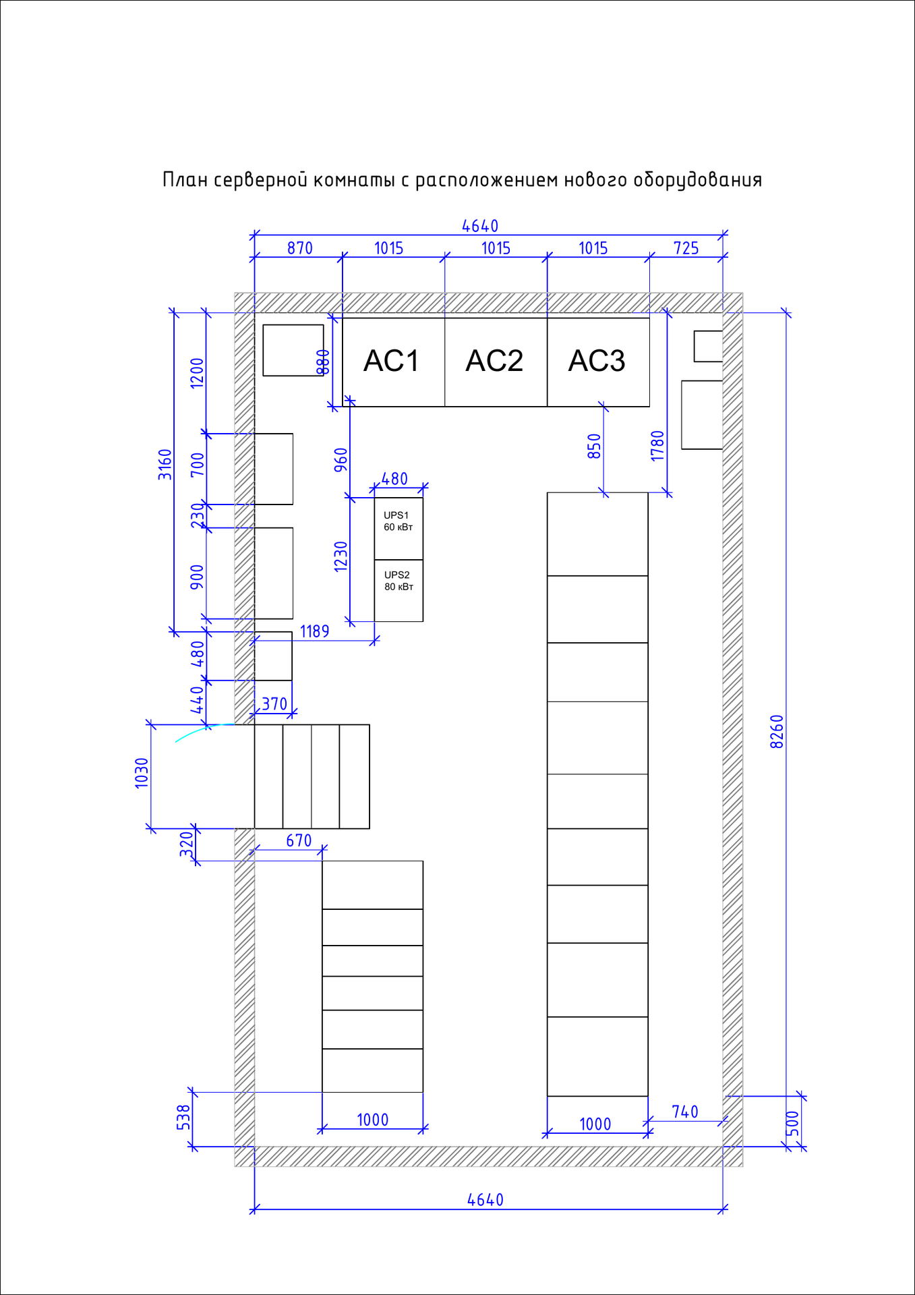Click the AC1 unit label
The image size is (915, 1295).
[x=391, y=361]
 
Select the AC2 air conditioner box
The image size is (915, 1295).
[x=496, y=362]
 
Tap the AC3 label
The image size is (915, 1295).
[x=597, y=361]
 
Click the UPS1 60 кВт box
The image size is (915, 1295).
[x=399, y=529]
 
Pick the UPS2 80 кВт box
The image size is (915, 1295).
[x=399, y=591]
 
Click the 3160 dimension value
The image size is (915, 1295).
[x=165, y=464]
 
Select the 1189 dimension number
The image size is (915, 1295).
[x=315, y=631]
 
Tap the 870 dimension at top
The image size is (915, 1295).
[x=300, y=248]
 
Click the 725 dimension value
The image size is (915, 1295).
[x=686, y=248]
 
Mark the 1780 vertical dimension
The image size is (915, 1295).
[x=658, y=446]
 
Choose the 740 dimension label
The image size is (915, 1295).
[x=685, y=1112]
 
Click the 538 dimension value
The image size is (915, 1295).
[x=184, y=1117]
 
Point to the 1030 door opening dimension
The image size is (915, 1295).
[x=142, y=773]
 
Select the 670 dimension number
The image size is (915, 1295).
[x=299, y=840]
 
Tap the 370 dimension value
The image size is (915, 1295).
[x=274, y=704]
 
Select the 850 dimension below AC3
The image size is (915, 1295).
[x=594, y=446]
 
